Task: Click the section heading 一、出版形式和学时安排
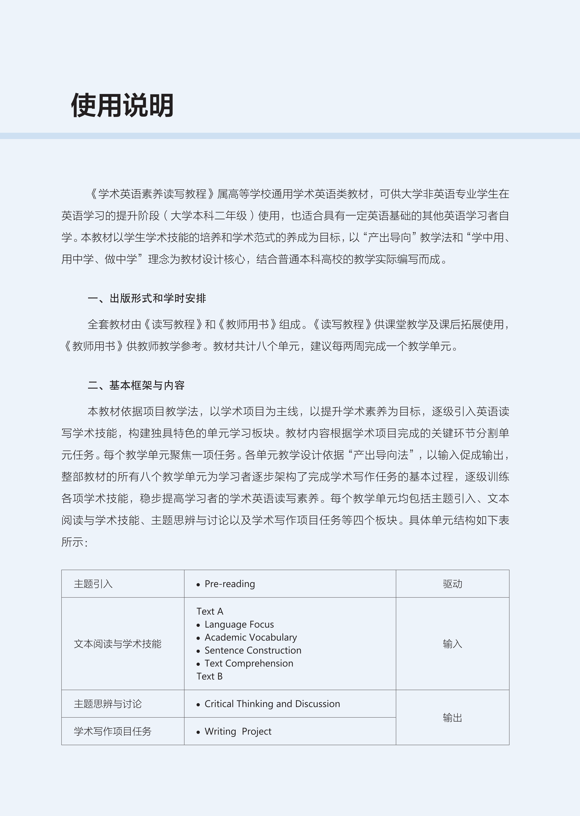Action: [147, 298]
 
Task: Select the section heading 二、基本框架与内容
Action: [136, 385]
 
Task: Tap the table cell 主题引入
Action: [93, 584]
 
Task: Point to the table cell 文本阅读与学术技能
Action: [118, 644]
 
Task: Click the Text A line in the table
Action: [210, 611]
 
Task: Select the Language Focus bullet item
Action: [239, 624]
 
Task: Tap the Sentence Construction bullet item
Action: [253, 650]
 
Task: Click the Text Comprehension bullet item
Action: [248, 663]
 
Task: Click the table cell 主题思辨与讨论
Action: [108, 704]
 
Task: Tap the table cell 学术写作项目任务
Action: [112, 731]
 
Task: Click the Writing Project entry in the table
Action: [238, 731]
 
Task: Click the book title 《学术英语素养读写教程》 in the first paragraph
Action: [152, 194]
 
